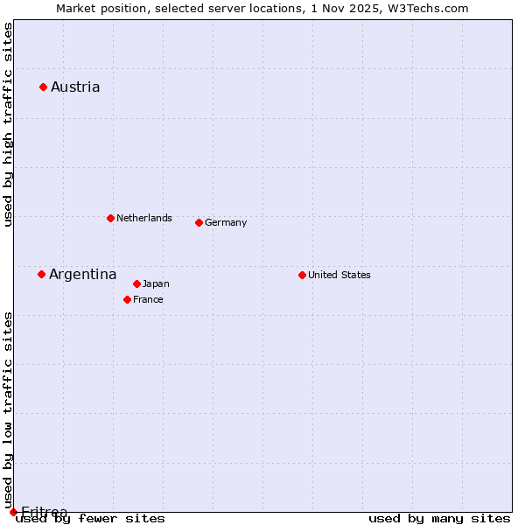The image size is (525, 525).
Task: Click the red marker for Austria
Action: pos(43,87)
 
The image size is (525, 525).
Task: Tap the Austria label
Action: pos(75,87)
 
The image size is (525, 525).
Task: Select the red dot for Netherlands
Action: pos(110,218)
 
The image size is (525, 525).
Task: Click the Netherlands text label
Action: pos(144,218)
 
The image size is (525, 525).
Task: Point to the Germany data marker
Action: pos(199,222)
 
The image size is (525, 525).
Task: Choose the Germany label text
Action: pos(226,222)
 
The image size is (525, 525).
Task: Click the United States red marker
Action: pos(302,275)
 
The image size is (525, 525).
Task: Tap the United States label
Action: pos(339,275)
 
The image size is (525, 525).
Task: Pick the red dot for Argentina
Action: pos(41,274)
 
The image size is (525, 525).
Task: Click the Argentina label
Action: pos(83,275)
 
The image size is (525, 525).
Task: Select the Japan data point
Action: pos(136,283)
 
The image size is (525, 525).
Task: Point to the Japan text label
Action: pos(156,283)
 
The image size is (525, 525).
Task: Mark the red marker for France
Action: pos(127,299)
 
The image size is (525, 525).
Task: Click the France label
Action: pos(148,299)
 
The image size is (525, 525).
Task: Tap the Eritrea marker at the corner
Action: pos(13,512)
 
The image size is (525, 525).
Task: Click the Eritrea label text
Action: pos(44,512)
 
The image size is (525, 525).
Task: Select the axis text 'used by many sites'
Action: pos(439,518)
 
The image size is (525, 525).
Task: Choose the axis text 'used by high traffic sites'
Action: pos(8,124)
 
